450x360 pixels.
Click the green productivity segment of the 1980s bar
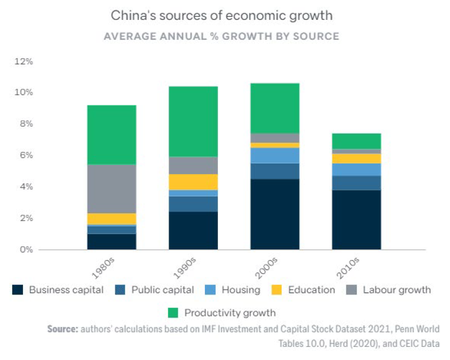tap(112, 135)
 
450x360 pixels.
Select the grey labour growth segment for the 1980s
tap(112, 189)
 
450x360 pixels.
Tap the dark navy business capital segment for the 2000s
tap(275, 214)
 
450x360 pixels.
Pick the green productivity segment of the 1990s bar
tap(193, 122)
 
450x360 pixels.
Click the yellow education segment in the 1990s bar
tap(193, 182)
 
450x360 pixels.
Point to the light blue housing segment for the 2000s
tap(275, 155)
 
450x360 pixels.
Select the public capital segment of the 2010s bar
tap(356, 182)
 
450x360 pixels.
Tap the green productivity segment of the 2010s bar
tap(356, 141)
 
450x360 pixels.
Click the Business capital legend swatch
tap(18, 290)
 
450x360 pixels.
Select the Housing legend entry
tap(240, 290)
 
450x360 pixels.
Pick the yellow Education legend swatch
tap(277, 290)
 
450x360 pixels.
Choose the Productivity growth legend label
tap(229, 313)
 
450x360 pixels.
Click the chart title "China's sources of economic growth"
tap(221, 16)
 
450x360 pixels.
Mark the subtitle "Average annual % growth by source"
tap(221, 37)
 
